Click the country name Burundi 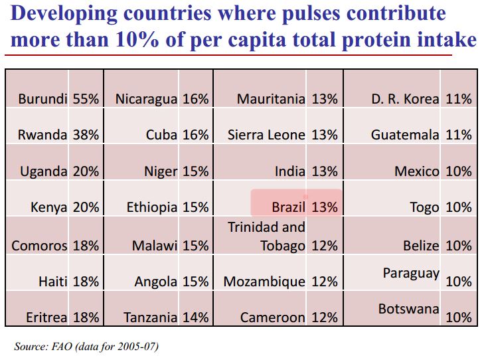43,99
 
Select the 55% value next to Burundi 86,99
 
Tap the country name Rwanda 42,135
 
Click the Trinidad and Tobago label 266,236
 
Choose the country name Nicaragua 146,99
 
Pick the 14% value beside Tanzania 196,317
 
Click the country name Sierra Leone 266,135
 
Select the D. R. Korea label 405,99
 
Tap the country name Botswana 408,309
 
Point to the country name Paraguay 411,273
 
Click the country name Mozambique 264,282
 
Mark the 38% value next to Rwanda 86,135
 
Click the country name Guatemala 405,135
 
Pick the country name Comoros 39,246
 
